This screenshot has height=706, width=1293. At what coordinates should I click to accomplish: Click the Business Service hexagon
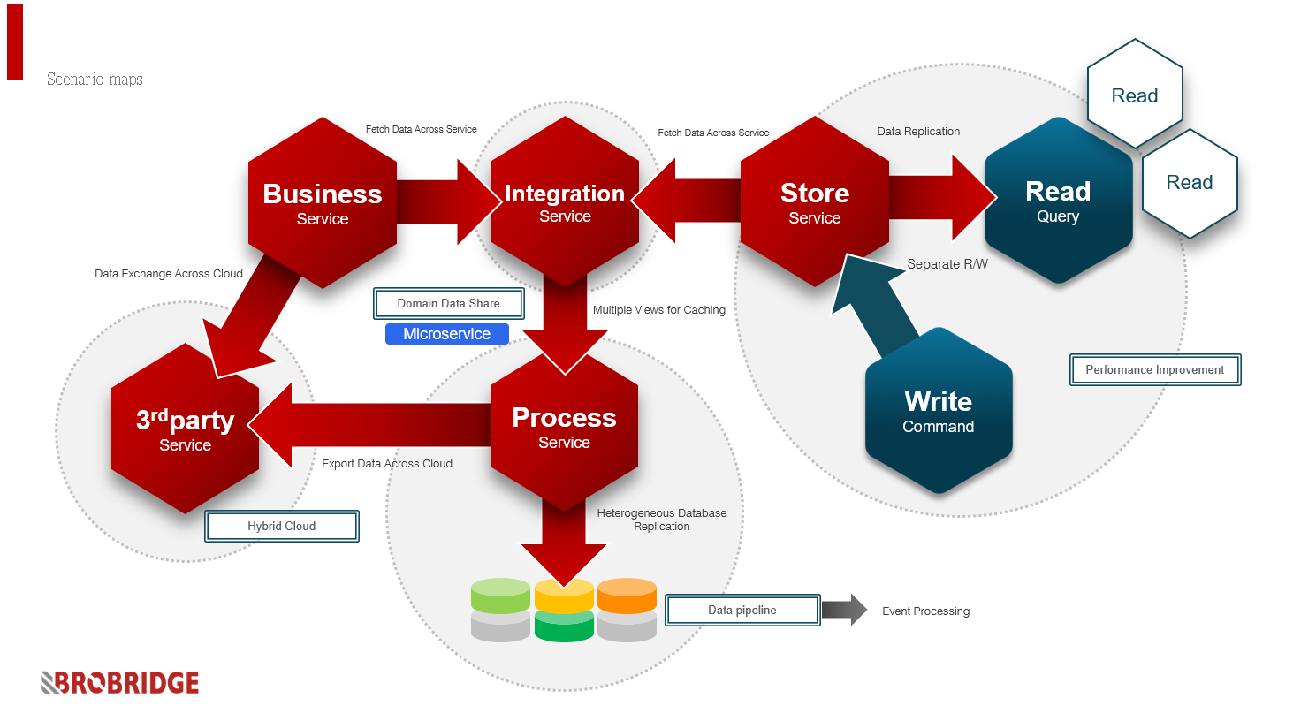coord(322,202)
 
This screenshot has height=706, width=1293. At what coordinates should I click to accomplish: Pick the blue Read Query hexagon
coord(1058,200)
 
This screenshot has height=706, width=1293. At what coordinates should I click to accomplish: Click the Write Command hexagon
coord(939,411)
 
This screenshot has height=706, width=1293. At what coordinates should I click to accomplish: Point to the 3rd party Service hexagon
coord(185,429)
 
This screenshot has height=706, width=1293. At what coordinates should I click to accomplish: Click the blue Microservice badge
coord(447,334)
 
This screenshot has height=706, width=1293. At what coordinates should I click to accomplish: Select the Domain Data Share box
coord(448,304)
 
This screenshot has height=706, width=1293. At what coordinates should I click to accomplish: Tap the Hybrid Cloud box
coord(282,526)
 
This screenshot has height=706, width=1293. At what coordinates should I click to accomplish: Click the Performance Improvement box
coord(1155,369)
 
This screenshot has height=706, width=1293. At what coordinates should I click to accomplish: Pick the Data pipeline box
coord(742,611)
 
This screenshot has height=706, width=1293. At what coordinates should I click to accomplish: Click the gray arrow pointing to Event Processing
coord(844,610)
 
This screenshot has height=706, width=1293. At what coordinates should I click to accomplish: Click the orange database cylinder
coord(627,596)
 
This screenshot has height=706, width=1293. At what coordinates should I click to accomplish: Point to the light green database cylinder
coord(500,596)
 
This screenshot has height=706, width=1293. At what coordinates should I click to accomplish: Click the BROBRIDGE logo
coord(119,683)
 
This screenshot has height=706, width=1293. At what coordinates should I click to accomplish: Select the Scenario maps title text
coord(95,80)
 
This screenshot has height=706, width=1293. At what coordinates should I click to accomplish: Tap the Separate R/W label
coord(947,264)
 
